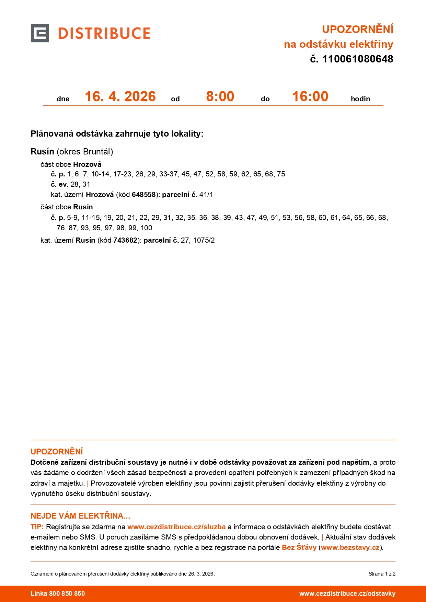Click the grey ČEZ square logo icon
point(40,33)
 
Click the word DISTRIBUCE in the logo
point(104,34)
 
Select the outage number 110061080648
point(357,59)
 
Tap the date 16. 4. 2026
point(120,96)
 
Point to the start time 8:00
point(220,96)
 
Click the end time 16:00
point(310,96)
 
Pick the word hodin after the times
point(360,99)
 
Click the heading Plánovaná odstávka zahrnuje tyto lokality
point(117,134)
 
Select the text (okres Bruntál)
point(85,152)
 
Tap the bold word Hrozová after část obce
point(87,164)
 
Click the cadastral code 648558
point(143,195)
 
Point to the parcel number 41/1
point(206,195)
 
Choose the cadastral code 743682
point(125,240)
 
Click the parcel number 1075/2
point(204,240)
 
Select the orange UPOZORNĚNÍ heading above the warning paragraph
point(57,451)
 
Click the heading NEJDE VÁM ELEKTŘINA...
point(80,516)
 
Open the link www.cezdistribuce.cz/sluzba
point(176,527)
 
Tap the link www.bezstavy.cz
point(350,547)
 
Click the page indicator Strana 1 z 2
point(382,574)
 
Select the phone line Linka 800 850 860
point(58,594)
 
